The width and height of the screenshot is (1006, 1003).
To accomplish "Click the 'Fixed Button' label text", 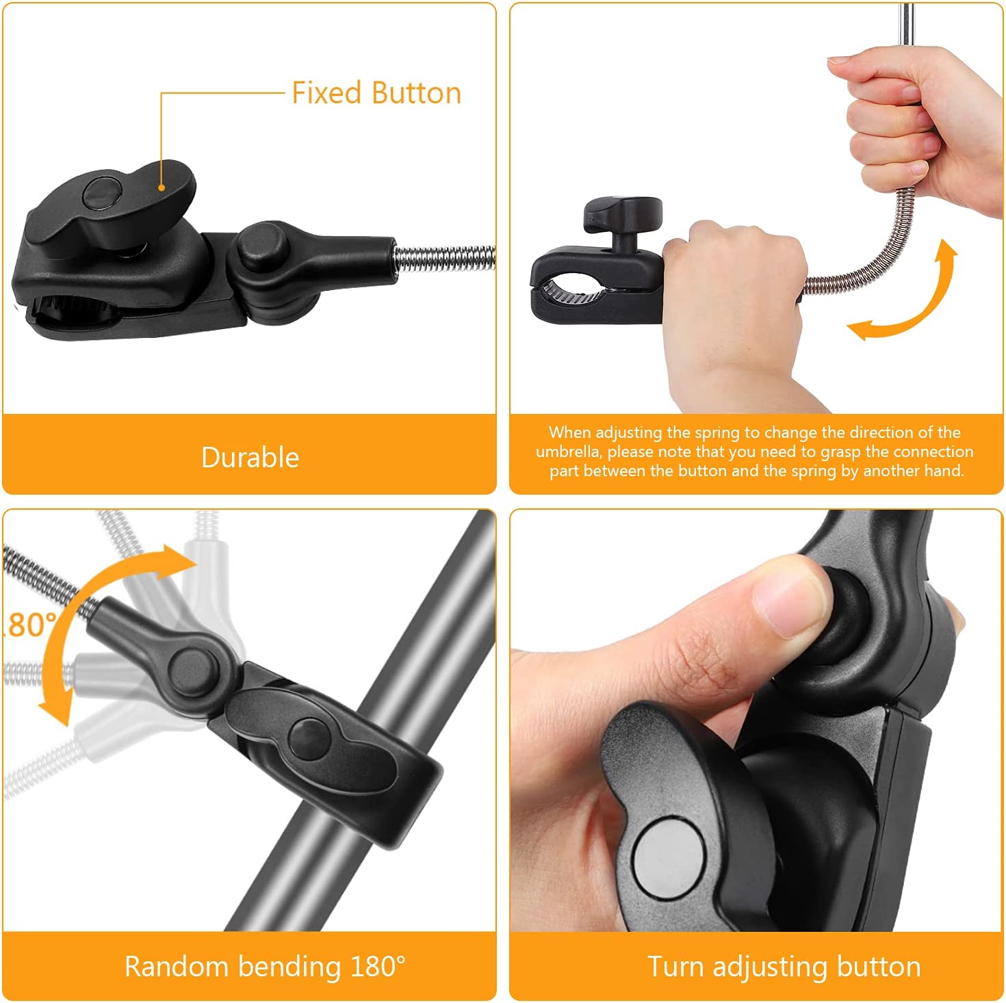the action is click(376, 94).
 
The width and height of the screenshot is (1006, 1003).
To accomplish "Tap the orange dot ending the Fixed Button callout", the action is click(162, 187).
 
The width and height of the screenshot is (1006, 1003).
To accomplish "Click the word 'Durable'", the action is click(250, 458).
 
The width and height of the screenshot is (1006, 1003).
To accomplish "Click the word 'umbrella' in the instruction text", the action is click(568, 452).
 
